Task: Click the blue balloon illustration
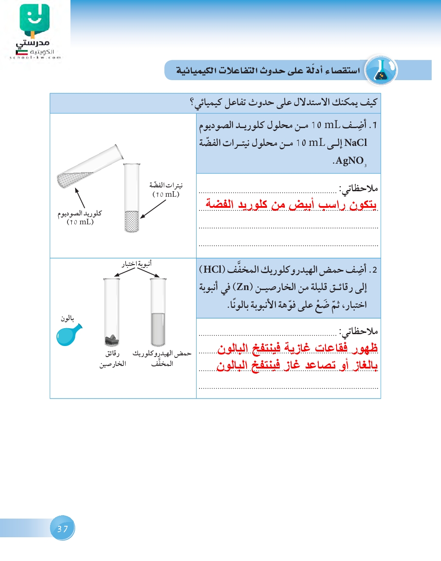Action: point(68,335)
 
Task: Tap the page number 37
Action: point(62,528)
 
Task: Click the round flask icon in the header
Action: point(381,70)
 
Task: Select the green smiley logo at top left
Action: point(34,19)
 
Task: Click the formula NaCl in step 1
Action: point(356,142)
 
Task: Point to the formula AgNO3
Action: point(350,161)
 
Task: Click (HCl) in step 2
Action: point(212,269)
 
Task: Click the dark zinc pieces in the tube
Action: point(112,339)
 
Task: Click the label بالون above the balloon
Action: point(67,318)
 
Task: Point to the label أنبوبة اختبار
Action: point(137,264)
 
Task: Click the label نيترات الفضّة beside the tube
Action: point(166,185)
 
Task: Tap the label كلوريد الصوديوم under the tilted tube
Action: point(80,213)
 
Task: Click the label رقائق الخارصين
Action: point(113,358)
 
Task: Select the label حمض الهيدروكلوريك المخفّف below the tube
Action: point(162,358)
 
